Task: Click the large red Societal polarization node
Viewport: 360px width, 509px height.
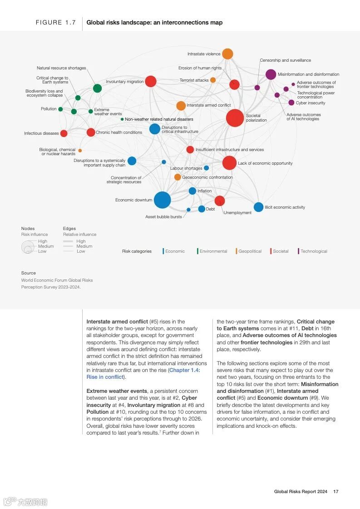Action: pyautogui.click(x=235, y=118)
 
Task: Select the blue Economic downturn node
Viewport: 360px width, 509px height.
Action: pyautogui.click(x=162, y=200)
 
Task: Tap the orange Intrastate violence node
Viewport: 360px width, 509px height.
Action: pyautogui.click(x=227, y=54)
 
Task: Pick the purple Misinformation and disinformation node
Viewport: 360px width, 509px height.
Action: pyautogui.click(x=271, y=74)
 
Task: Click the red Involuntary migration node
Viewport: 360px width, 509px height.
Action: pyautogui.click(x=151, y=81)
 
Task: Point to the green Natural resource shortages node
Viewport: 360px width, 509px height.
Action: pyautogui.click(x=97, y=88)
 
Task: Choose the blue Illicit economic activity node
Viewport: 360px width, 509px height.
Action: pyautogui.click(x=258, y=207)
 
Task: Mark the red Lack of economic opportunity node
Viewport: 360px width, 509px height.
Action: pyautogui.click(x=229, y=163)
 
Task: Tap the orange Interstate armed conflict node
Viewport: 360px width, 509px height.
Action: pyautogui.click(x=181, y=106)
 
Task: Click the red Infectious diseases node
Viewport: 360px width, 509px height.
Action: pyautogui.click(x=64, y=133)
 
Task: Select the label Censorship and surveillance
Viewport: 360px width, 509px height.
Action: pyautogui.click(x=285, y=60)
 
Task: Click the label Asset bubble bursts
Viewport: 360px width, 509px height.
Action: pyautogui.click(x=163, y=217)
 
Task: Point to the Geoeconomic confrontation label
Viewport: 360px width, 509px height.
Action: pyautogui.click(x=207, y=177)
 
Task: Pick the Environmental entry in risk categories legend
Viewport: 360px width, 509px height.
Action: pyautogui.click(x=213, y=251)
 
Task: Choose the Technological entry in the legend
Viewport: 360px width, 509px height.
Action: pyautogui.click(x=313, y=251)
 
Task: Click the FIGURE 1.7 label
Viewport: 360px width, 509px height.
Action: pyautogui.click(x=56, y=23)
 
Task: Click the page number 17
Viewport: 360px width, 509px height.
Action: pyautogui.click(x=336, y=491)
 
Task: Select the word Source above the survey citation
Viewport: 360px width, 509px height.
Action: pyautogui.click(x=28, y=273)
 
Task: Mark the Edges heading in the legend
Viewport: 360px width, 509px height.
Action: pyautogui.click(x=69, y=229)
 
